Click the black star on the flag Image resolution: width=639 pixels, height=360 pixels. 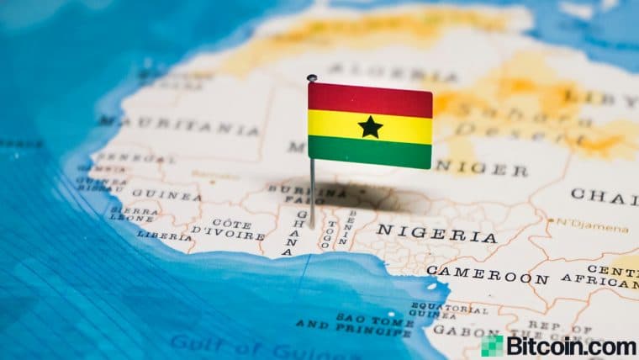[370, 127]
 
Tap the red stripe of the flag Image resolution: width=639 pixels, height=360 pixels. [370, 99]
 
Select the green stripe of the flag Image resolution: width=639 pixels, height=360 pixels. [370, 152]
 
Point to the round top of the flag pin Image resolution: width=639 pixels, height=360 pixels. [312, 78]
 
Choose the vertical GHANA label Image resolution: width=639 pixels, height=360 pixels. [301, 232]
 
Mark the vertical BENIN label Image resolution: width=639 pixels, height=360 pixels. [345, 226]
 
